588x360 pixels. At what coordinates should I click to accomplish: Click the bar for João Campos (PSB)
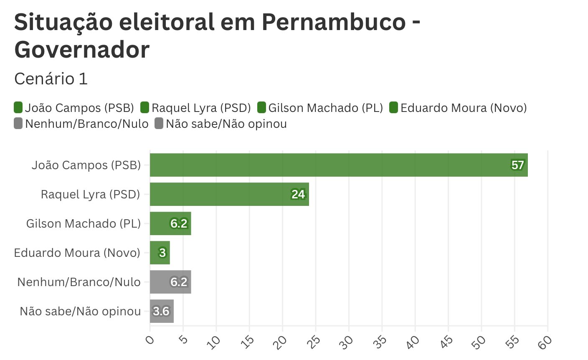[x=338, y=165]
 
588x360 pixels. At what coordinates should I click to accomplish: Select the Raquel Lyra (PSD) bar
[x=229, y=194]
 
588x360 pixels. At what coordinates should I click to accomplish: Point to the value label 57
[x=517, y=165]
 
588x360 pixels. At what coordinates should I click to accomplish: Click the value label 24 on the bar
[x=298, y=195]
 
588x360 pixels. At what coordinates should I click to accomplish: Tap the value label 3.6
[x=161, y=312]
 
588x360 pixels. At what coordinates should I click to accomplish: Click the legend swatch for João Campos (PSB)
[x=18, y=108]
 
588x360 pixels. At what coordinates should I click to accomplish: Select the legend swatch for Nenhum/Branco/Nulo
[x=18, y=124]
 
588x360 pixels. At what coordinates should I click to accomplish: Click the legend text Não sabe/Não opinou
[x=226, y=124]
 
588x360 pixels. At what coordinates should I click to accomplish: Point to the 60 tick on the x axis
[x=545, y=342]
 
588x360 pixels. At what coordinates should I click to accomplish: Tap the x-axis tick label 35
[x=380, y=342]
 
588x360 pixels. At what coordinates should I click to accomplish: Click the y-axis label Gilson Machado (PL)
[x=84, y=224]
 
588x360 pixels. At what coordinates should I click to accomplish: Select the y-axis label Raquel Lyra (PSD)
[x=91, y=195]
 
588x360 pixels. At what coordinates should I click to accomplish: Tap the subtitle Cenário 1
[x=51, y=79]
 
